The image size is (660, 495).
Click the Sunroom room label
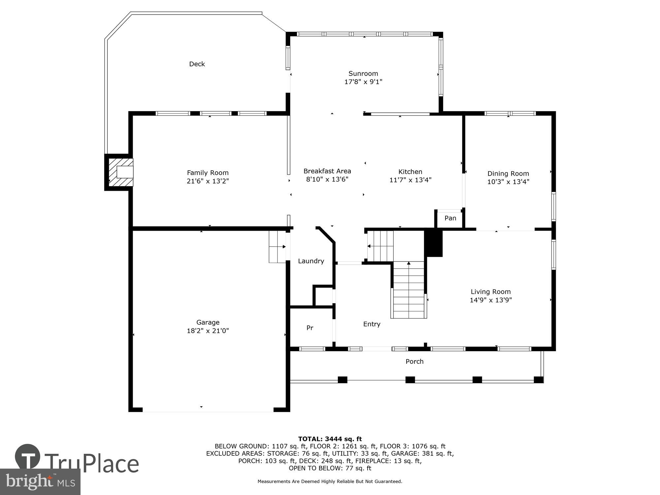[363, 73]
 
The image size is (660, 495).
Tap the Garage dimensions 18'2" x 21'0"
[208, 331]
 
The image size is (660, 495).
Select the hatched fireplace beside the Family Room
[121, 172]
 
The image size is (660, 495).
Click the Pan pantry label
[450, 218]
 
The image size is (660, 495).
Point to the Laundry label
[311, 261]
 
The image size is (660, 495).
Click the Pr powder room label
[310, 328]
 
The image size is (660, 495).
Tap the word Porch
[414, 361]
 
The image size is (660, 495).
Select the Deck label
[197, 64]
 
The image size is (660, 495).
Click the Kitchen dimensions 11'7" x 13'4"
[410, 180]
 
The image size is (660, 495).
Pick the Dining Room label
[508, 174]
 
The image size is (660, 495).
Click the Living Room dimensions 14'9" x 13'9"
[490, 300]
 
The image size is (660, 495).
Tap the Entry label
[372, 324]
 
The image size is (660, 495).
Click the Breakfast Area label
[327, 171]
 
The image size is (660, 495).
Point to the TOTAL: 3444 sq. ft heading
[330, 439]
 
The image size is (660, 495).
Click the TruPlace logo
[78, 462]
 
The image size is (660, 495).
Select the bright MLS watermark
[40, 482]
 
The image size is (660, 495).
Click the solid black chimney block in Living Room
[433, 243]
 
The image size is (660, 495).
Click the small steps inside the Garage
[277, 247]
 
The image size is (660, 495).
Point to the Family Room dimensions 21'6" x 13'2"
[208, 181]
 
